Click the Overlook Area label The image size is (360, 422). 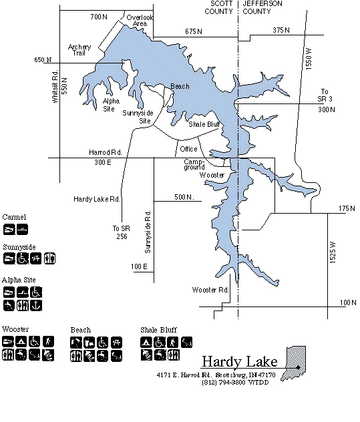140,21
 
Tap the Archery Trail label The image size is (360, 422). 79,50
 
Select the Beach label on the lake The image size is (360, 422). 180,86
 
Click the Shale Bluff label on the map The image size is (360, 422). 204,124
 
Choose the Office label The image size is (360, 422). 188,149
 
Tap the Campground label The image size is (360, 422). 194,164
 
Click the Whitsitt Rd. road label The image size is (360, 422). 55,86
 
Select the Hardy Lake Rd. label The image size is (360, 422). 97,199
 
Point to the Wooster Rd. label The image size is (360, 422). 210,290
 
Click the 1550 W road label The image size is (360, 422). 309,59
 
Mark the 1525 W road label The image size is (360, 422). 333,252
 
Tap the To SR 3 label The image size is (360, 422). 325,95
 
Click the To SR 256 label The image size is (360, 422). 122,232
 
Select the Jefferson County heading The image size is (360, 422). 262,7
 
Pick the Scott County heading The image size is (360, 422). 218,7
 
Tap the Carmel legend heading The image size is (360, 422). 14,217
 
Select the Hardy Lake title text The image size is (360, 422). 240,361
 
